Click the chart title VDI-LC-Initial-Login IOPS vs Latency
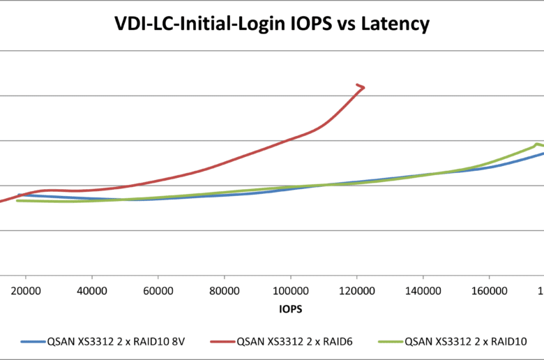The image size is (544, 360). (272, 24)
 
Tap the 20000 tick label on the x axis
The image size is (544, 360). (26, 290)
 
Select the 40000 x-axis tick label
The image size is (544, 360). (92, 290)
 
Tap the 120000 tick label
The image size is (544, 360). (356, 290)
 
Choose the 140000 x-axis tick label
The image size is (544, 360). (423, 290)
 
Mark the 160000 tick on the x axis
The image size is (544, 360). (489, 290)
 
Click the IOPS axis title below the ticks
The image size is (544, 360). (290, 308)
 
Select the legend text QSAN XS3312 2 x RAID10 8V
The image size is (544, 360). (121, 342)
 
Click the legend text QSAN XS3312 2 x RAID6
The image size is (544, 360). (288, 342)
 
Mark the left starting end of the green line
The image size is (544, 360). (17, 201)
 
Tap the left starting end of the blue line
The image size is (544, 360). (20, 195)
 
